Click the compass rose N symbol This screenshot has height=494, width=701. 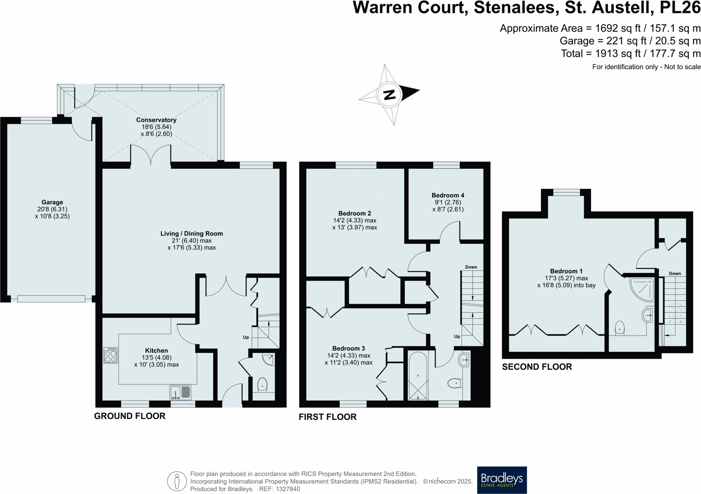point(389,94)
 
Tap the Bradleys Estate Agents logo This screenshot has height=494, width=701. point(501,479)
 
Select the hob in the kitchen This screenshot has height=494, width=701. point(110,355)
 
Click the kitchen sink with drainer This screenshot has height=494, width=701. point(180,392)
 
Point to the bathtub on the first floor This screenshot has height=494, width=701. point(418,376)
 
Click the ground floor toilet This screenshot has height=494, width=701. point(262,385)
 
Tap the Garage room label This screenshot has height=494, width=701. point(52,202)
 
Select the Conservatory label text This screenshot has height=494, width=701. point(156,120)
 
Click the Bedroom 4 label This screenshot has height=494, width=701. point(447,195)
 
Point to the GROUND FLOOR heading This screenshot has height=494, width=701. point(129,416)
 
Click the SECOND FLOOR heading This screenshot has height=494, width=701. point(536,367)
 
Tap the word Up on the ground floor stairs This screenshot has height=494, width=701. point(246,337)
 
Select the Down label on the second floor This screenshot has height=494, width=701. point(675,273)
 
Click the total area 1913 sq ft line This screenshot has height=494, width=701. point(630,53)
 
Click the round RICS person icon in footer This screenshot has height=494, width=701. point(177,481)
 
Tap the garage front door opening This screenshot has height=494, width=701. point(51,299)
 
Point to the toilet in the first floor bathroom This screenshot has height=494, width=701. point(454,383)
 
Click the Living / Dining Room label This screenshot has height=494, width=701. point(191,234)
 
